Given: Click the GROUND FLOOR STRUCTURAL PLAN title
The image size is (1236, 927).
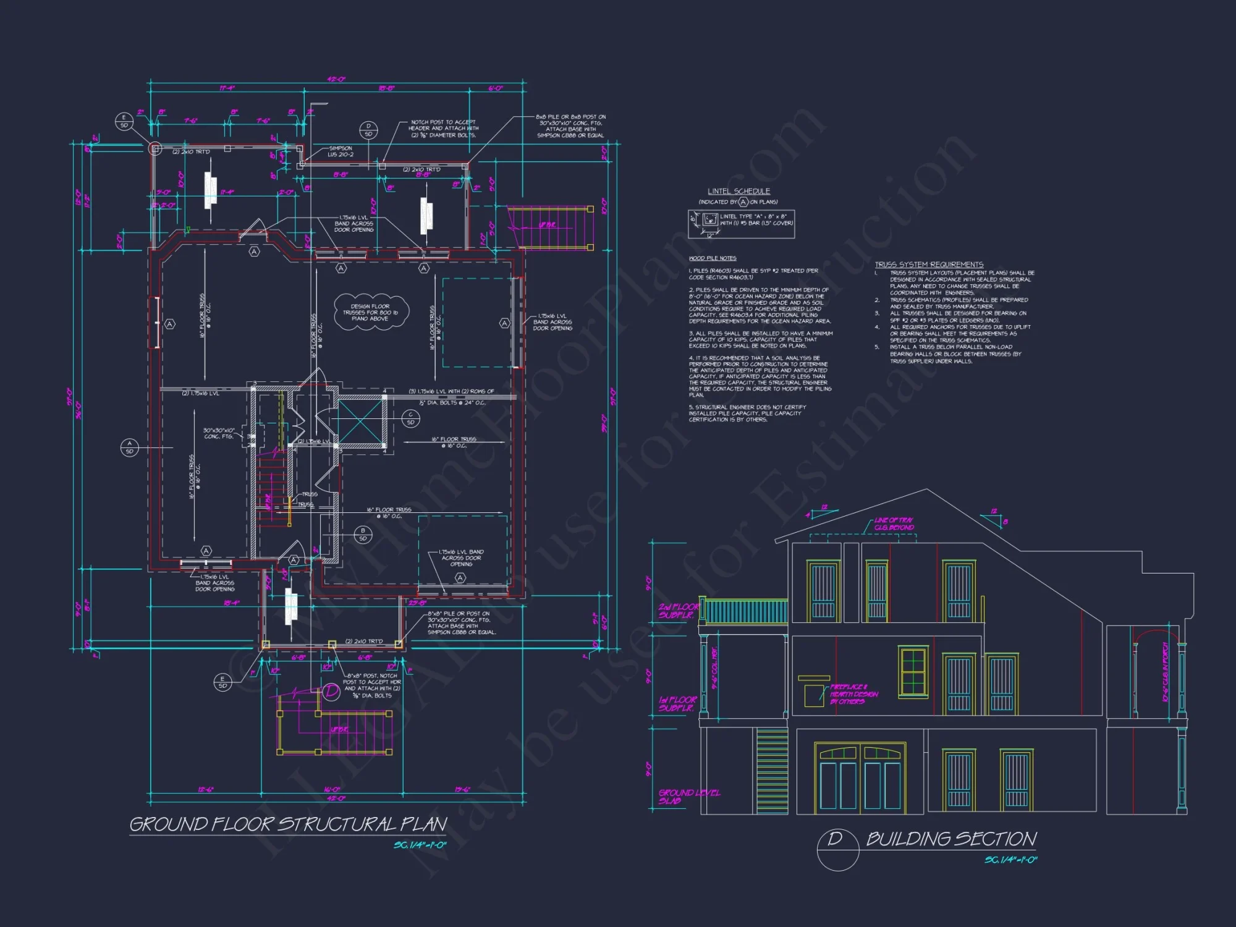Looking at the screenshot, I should pyautogui.click(x=288, y=824).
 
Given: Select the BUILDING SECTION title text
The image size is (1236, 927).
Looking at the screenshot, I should pyautogui.click(x=951, y=839).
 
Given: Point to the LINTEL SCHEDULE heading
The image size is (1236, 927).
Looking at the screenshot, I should pyautogui.click(x=739, y=192).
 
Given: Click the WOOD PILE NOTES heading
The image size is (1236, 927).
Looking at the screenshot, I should pyautogui.click(x=713, y=258).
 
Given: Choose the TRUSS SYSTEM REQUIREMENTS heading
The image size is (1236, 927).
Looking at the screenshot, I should pyautogui.click(x=929, y=265).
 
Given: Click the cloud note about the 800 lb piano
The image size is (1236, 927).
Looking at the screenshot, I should pyautogui.click(x=371, y=312).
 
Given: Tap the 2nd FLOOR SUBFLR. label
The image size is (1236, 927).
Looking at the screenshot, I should pyautogui.click(x=678, y=611).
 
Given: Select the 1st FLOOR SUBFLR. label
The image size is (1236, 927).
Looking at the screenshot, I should pyautogui.click(x=677, y=704).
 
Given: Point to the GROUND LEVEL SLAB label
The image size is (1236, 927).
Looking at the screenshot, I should pyautogui.click(x=688, y=797).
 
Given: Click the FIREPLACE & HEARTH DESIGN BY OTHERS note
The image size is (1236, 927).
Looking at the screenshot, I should pyautogui.click(x=853, y=694).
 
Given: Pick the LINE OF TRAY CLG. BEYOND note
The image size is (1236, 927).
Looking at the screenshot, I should pyautogui.click(x=894, y=524).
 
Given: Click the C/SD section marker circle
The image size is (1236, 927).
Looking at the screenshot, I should pyautogui.click(x=410, y=418).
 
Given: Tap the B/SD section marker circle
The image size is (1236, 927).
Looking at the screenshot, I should pyautogui.click(x=363, y=535).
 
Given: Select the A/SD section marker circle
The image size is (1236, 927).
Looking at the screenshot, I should pyautogui.click(x=129, y=447).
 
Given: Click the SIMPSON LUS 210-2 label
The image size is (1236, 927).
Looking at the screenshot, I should pyautogui.click(x=341, y=151).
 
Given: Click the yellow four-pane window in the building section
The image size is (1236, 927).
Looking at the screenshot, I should pyautogui.click(x=913, y=669).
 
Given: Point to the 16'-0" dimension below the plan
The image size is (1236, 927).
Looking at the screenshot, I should pyautogui.click(x=332, y=789).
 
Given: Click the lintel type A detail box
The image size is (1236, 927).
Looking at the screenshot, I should pyautogui.click(x=741, y=224).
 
